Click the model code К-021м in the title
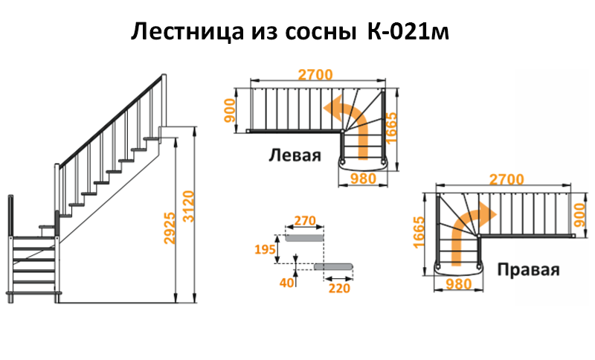pos(408,32)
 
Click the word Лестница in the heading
pos(187,33)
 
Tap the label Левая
pos(295,155)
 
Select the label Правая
pos(528,270)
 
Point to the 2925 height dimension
pos(170,228)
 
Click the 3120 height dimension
pos(188,207)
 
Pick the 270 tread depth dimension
pos(305,220)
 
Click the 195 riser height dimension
pos(265,250)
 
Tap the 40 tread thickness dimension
pos(287,283)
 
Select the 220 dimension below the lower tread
pos(339,289)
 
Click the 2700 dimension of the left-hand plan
pos(315,74)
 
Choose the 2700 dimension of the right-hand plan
pos(506,179)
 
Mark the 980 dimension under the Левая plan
pos(363,179)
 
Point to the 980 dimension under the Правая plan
pos(458,284)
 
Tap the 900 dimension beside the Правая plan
pos(580,215)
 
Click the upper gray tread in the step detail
pos(304,238)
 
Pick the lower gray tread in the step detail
pos(334,267)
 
